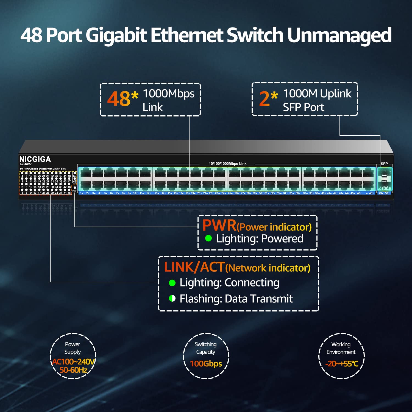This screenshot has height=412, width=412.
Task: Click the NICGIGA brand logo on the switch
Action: click(35, 159)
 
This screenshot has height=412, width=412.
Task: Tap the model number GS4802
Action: click(26, 164)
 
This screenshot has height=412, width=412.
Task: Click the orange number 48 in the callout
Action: click(119, 99)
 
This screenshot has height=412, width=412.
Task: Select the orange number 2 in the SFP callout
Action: click(265, 99)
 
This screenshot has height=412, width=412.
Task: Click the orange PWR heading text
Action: click(219, 225)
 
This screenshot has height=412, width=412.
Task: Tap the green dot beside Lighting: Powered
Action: click(208, 238)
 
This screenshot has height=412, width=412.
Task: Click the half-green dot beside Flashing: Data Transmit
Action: click(172, 298)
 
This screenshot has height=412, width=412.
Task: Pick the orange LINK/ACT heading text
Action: click(194, 267)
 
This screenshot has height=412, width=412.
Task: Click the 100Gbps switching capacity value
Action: click(206, 364)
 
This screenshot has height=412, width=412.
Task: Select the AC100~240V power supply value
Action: click(73, 361)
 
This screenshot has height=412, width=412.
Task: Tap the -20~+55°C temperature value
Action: click(342, 364)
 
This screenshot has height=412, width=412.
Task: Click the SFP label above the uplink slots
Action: click(384, 164)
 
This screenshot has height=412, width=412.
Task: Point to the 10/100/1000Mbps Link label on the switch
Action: click(227, 164)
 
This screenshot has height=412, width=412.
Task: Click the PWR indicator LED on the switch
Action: click(75, 188)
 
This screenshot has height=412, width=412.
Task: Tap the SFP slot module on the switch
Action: click(385, 179)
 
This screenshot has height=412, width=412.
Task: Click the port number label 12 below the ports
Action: click(148, 193)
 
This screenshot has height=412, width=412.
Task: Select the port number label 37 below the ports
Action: click(305, 193)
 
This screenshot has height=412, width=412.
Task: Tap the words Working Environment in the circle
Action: click(341, 348)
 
